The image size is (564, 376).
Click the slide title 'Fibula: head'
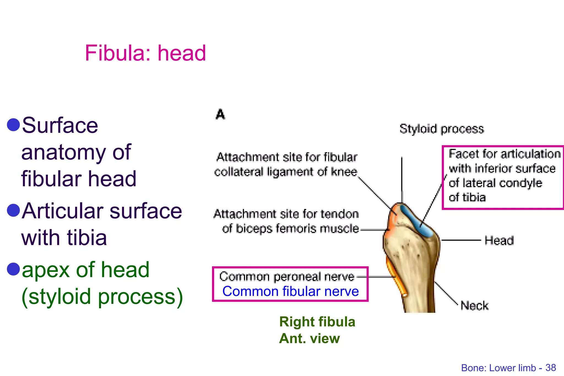[145, 53]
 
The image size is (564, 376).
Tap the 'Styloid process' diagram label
[441, 129]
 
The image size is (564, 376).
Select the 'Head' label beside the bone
[499, 241]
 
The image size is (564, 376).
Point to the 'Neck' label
[474, 306]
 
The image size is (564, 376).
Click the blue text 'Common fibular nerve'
[291, 291]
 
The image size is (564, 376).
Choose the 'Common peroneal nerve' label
[287, 276]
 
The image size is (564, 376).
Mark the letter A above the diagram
[220, 114]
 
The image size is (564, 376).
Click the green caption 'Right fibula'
[317, 322]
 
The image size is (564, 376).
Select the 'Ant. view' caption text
[309, 338]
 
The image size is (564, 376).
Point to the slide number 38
[551, 368]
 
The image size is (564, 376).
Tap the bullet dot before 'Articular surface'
[13, 211]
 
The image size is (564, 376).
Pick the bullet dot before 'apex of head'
[13, 269]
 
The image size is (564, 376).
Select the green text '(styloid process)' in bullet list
[102, 296]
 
